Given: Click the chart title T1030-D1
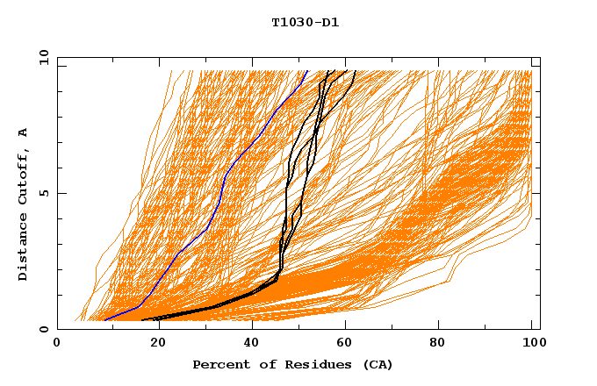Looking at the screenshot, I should click(x=305, y=22).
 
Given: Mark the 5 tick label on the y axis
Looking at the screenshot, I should click(x=43, y=193).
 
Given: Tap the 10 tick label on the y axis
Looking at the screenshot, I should click(x=41, y=57).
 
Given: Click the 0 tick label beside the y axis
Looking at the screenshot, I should click(x=43, y=329).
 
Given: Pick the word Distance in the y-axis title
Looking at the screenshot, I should click(x=23, y=248).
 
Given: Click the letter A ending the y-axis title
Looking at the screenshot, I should click(x=23, y=132).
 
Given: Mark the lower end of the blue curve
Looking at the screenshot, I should click(x=104, y=320).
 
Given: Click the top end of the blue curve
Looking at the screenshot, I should click(x=306, y=71).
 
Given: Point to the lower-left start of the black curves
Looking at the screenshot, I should click(x=143, y=320).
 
